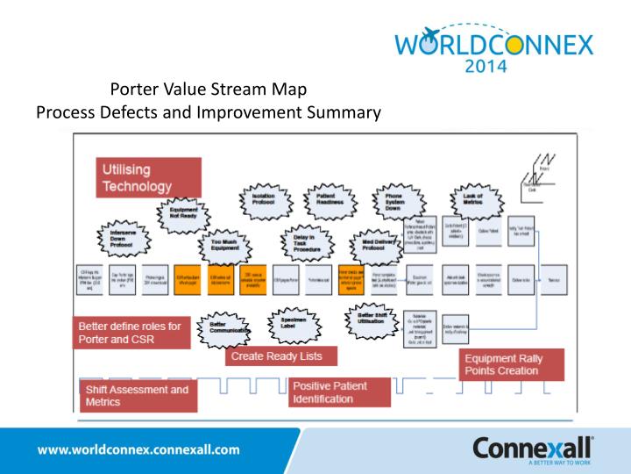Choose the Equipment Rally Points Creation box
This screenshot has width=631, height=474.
tap(512, 364)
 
